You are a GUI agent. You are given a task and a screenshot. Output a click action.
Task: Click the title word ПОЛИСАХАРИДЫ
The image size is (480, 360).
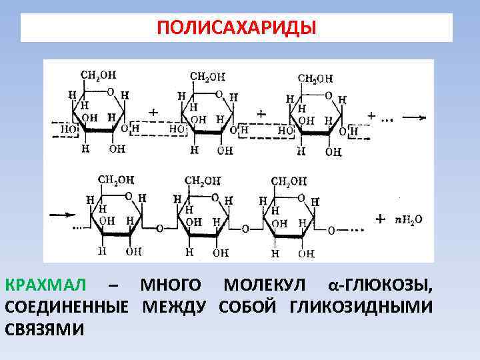point(237,29)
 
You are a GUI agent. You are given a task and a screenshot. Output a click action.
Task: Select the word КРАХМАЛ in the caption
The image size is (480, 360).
point(46,286)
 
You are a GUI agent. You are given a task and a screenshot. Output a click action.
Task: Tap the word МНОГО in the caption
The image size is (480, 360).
point(171,286)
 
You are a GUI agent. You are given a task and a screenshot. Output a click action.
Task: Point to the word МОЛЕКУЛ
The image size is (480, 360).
point(265,286)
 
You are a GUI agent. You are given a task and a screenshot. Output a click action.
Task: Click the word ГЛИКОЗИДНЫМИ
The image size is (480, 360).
point(361,307)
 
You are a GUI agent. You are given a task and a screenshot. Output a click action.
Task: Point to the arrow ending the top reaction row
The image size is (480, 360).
point(413,117)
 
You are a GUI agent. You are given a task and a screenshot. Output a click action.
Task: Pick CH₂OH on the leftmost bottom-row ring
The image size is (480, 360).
point(116,179)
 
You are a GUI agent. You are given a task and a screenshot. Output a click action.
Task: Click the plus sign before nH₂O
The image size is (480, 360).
point(381,219)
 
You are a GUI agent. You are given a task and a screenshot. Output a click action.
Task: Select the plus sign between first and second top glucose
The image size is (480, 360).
point(154,113)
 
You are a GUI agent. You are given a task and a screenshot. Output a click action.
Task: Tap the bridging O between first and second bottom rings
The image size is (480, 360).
point(159,228)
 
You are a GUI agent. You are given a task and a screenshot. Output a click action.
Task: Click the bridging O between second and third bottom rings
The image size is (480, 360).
point(245,229)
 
